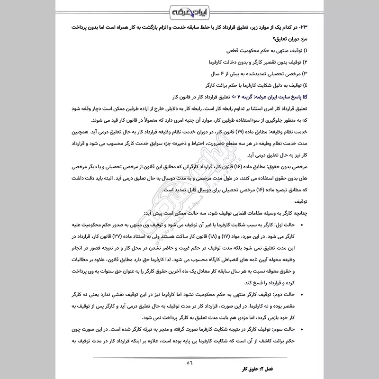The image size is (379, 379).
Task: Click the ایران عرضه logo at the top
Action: point(189,11)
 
